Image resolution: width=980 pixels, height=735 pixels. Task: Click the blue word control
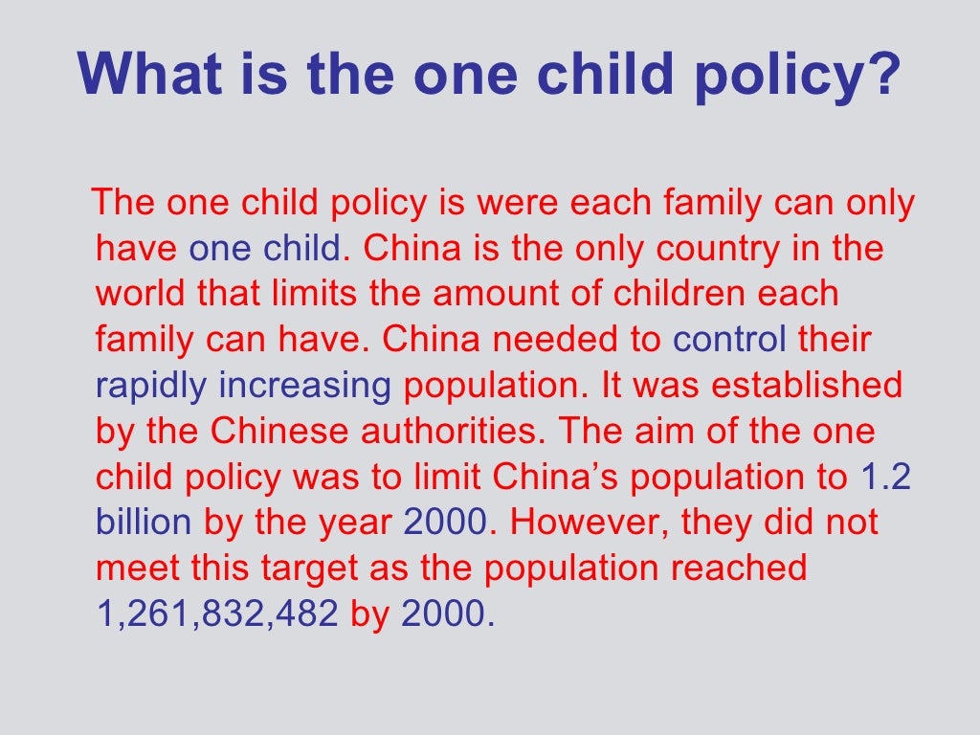[730, 340]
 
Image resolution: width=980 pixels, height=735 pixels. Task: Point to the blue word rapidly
[150, 386]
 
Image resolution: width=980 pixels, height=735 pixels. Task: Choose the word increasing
[305, 386]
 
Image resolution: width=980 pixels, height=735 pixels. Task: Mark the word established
[809, 386]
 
